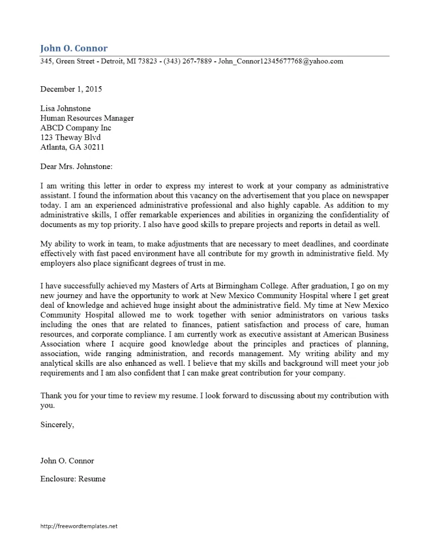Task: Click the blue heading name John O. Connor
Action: (x=74, y=48)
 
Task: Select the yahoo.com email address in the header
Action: (x=280, y=61)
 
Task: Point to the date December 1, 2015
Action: (x=71, y=89)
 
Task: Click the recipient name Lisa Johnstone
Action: (x=66, y=108)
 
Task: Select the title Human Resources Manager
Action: (x=87, y=118)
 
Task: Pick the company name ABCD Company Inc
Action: (x=75, y=128)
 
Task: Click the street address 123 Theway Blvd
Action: (x=71, y=138)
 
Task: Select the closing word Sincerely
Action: (x=57, y=425)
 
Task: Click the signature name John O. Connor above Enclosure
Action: (x=67, y=461)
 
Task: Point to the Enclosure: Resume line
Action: (x=73, y=479)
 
